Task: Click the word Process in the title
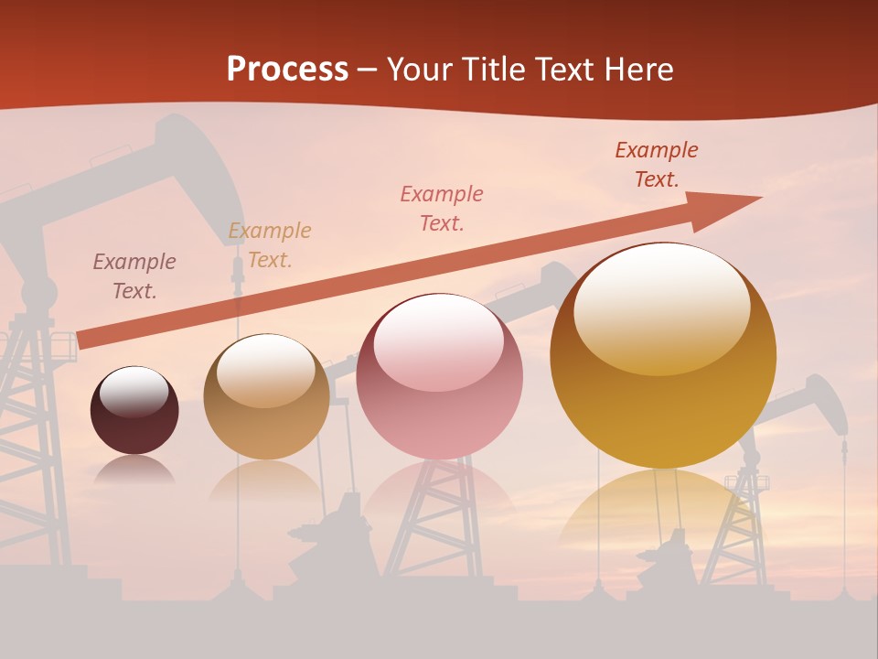coord(287,70)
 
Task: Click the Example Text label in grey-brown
coord(134,276)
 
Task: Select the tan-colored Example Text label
coord(270,245)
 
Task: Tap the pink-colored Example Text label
coord(442,209)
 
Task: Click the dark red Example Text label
coord(657,165)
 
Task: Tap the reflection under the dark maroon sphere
coord(134,470)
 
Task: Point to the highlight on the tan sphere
coord(266,371)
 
